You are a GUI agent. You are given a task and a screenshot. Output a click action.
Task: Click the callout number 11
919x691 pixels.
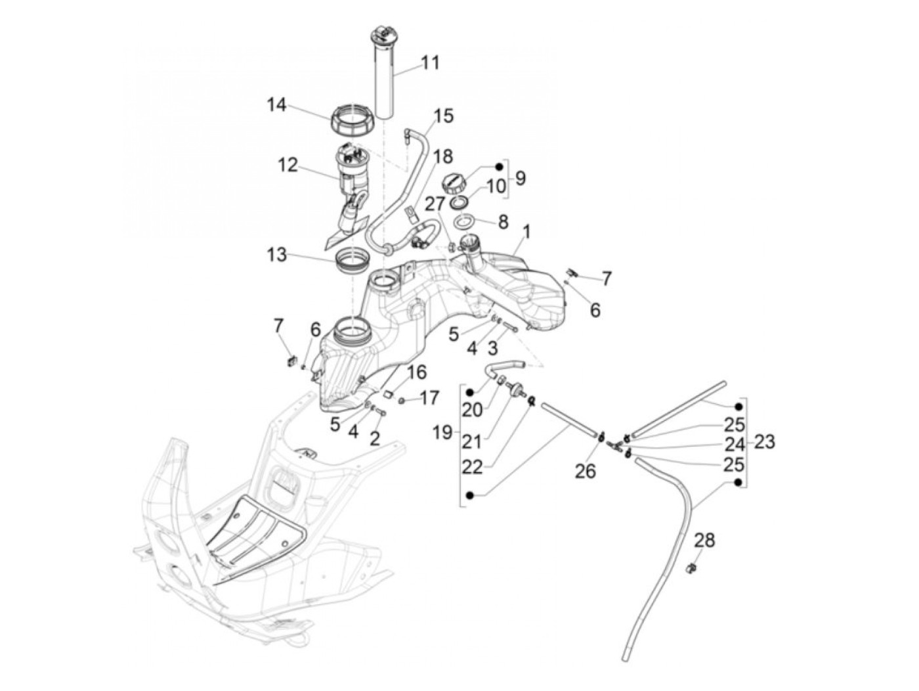coord(430,63)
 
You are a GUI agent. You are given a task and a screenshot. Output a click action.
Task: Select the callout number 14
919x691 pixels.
coord(277,104)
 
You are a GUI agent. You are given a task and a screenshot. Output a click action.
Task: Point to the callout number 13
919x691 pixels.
coord(277,254)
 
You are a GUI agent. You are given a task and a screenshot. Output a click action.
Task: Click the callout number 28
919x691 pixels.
coord(704,541)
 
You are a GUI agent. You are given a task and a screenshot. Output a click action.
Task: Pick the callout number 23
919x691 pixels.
coord(764,442)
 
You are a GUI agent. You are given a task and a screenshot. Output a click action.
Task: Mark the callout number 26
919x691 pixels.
coord(586,471)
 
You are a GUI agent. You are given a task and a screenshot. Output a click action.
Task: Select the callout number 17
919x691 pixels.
coord(429,398)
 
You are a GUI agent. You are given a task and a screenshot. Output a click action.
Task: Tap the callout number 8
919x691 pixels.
coord(503,221)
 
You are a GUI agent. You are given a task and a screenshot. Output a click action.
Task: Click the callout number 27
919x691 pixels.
coord(434,204)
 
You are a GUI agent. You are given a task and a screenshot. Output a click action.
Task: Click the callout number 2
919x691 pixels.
coord(374,438)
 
